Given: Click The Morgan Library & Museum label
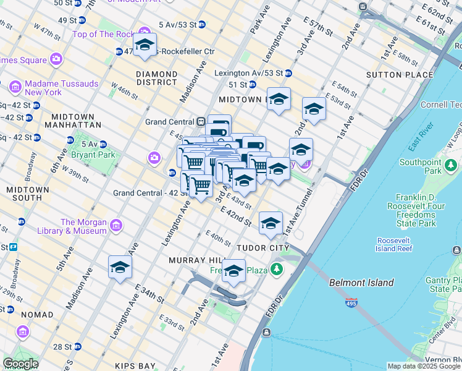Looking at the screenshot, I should point(83,226).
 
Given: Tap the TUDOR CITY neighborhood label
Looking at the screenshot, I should point(263,247).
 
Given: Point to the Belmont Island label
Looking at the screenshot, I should point(361,283).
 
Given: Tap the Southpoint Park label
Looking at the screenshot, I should point(420,166).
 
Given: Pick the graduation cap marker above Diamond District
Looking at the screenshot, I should point(145,45).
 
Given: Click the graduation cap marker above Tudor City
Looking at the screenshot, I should point(271,223).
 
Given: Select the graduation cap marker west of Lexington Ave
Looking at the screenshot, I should point(120,267).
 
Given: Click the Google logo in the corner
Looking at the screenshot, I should point(20,364).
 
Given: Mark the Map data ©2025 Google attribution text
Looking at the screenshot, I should point(424,366).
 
